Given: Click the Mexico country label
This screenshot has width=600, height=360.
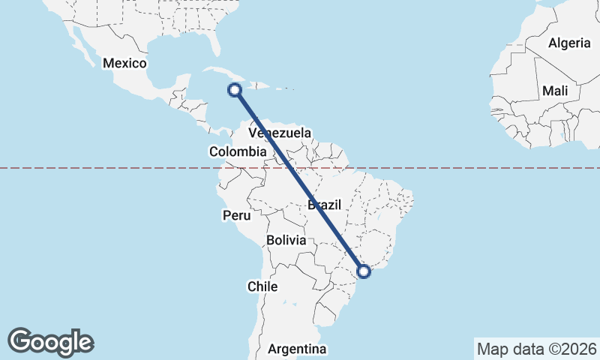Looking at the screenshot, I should coord(124,63).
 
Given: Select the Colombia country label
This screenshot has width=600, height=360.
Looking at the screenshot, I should coord(237,151).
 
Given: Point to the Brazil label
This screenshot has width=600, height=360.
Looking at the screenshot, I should coord(325,204).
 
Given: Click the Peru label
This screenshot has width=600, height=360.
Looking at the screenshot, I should coord(235,215).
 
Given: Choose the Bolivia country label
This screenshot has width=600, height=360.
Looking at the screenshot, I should coord(286,241).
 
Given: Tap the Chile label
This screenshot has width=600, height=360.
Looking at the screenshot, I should coord(262,286).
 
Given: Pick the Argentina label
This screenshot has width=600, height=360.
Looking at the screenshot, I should coord(298,349).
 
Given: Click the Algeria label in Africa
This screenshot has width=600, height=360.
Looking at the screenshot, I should coord(569,43).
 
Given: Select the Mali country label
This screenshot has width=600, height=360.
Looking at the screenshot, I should coord(555,91).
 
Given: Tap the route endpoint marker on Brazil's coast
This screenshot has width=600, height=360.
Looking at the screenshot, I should coord(364,271).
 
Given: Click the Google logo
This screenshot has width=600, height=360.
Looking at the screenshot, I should coord(50,342).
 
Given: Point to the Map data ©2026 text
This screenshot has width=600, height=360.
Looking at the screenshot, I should coord(537,349).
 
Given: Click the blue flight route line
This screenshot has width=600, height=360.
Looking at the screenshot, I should coord(300,181).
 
